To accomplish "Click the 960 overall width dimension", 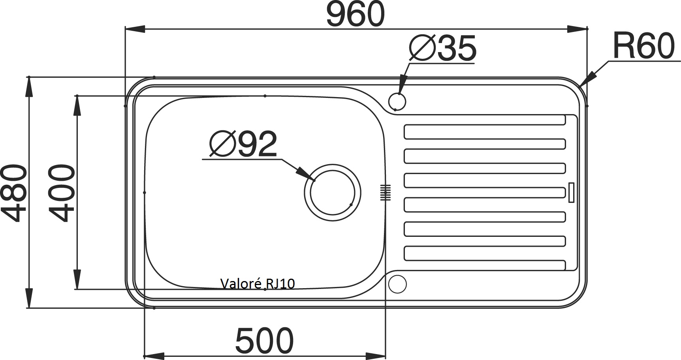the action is tap(356, 14).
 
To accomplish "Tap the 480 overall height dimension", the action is tap(14, 193).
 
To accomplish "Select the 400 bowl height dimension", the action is tap(61, 193).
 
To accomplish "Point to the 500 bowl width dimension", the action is tap(264, 340).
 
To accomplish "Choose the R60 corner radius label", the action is tap(644, 46).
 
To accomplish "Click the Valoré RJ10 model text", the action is tap(258, 283).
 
